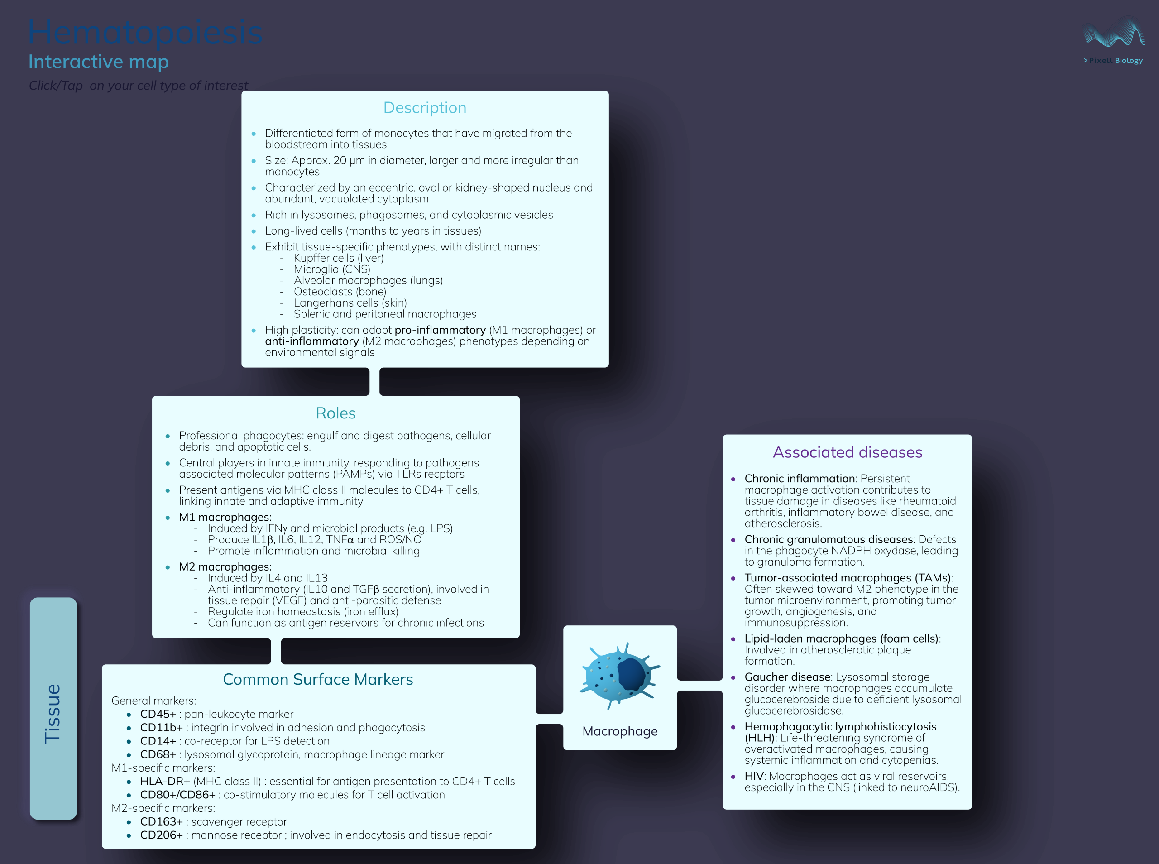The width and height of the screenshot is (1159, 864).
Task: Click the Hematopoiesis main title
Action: pos(145,33)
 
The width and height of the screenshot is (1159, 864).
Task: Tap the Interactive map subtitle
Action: pos(98,62)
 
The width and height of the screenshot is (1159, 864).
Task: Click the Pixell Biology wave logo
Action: pos(1114,34)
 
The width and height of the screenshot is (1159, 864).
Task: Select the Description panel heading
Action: pos(425,108)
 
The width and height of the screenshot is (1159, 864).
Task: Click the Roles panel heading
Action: pos(335,413)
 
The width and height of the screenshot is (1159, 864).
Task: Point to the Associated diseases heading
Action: pos(848,452)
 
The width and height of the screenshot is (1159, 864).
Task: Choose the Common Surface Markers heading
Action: pos(318,679)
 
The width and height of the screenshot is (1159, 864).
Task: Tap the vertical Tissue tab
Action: pos(53,709)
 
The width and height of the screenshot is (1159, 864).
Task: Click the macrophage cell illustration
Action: pos(620,676)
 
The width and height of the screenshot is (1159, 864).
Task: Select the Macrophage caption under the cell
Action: pos(620,731)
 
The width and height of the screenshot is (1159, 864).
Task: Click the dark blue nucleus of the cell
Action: pos(632,675)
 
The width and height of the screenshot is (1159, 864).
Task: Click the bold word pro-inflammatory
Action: pos(440,330)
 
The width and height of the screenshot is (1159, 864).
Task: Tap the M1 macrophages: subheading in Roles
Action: pos(225,517)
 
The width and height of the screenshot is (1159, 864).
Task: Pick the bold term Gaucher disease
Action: pos(787,677)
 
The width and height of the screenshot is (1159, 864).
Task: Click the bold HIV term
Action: pos(754,777)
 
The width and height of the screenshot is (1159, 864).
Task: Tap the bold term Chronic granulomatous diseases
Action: pos(829,540)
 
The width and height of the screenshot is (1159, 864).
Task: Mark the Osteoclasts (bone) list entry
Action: pos(340,292)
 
